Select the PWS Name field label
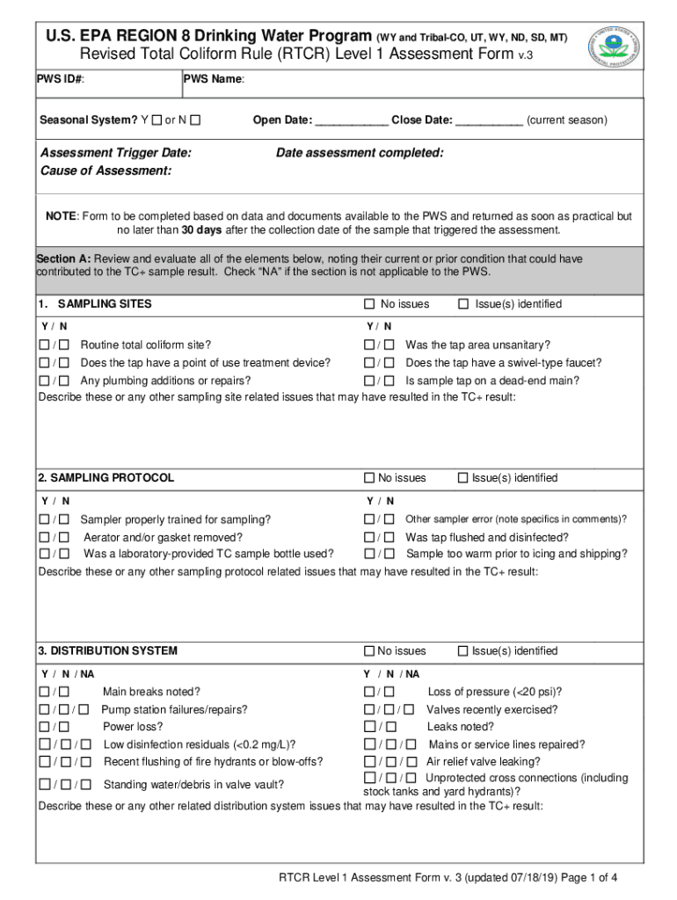coord(214,80)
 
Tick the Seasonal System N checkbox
coord(195,120)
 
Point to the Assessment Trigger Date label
coord(116,153)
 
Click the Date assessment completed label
coord(360,153)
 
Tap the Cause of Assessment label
coord(106,171)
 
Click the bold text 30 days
coord(202,230)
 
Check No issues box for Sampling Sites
coord(369,305)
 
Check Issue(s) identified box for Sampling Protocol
coord(462,478)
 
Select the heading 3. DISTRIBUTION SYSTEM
coord(107,651)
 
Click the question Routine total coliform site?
coord(146,345)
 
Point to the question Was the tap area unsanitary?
coord(478,345)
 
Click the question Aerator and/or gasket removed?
coord(163,537)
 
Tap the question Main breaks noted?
coord(151,692)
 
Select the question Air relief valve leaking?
coord(483,762)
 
